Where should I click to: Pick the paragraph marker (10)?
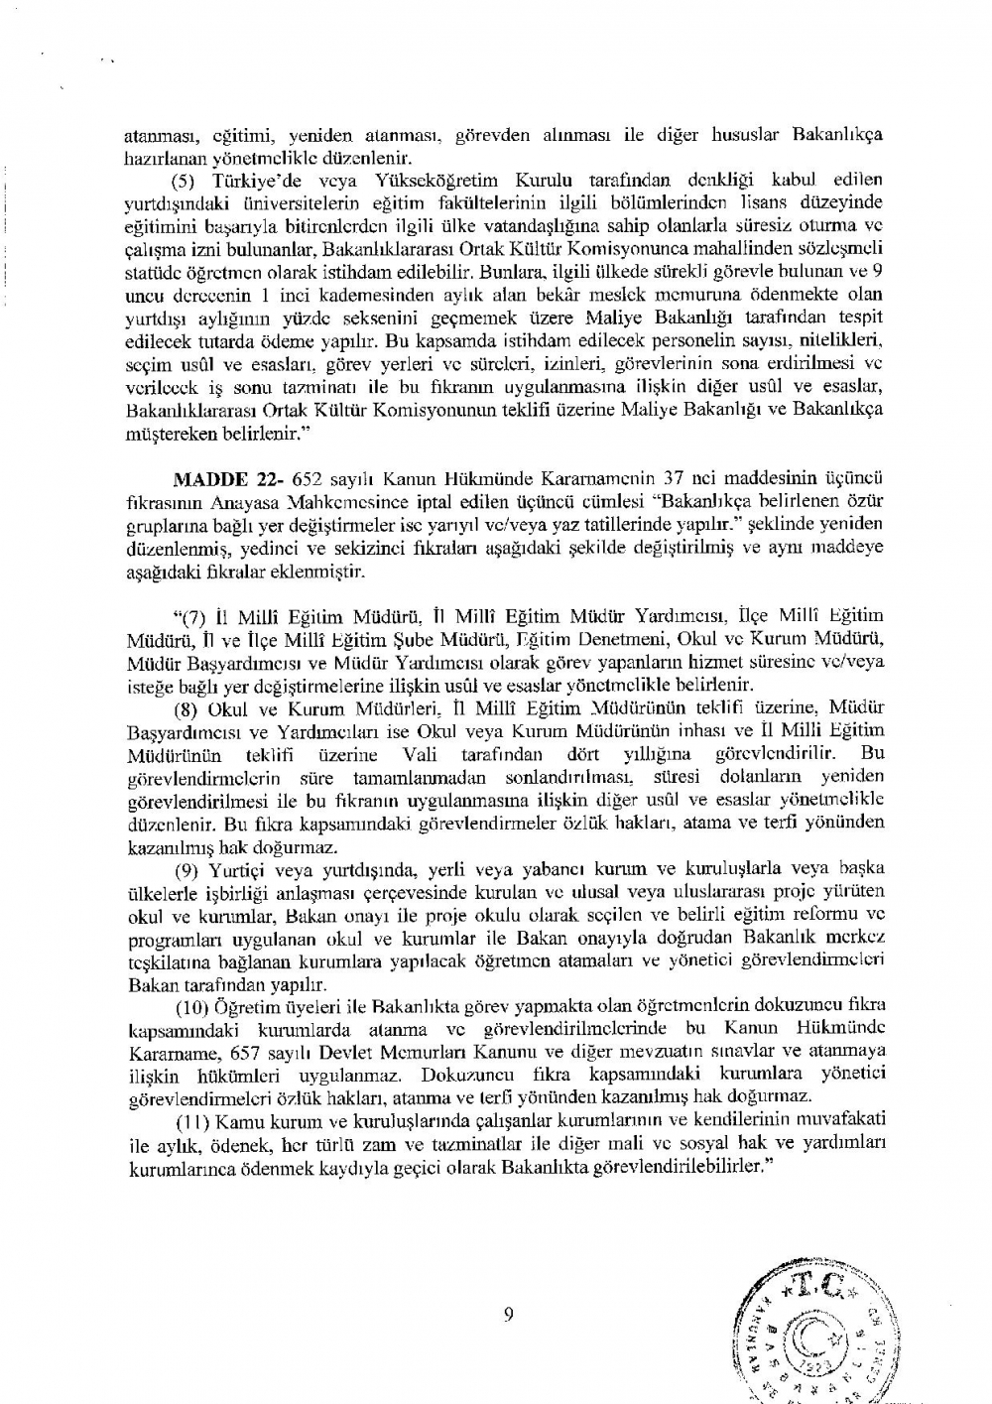coord(191,1009)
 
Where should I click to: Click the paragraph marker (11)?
coord(191,1119)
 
